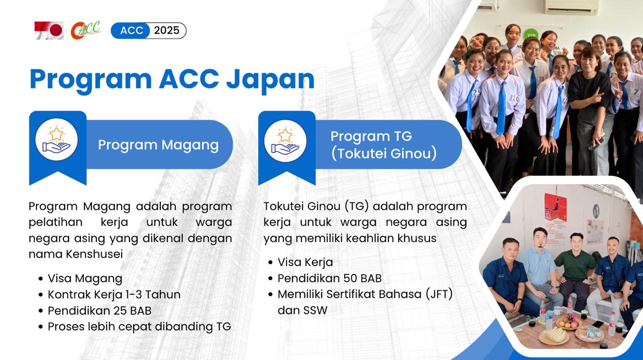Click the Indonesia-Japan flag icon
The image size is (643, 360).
[49, 31]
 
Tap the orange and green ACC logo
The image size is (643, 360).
[85, 30]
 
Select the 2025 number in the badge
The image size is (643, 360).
[166, 31]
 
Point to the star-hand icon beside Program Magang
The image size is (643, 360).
[57, 140]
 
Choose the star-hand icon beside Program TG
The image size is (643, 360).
[285, 141]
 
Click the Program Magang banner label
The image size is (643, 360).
[158, 145]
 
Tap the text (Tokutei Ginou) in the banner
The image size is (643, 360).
[384, 154]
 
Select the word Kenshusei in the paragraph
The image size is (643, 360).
[94, 254]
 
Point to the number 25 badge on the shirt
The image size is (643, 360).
[477, 92]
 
